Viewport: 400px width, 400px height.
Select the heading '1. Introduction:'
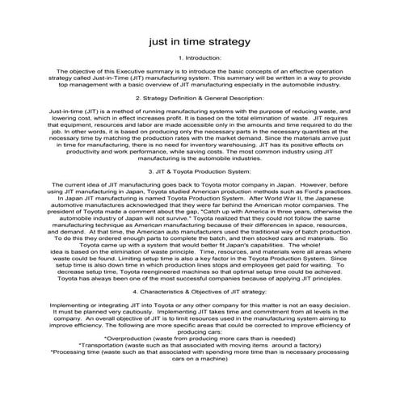tap(200, 59)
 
